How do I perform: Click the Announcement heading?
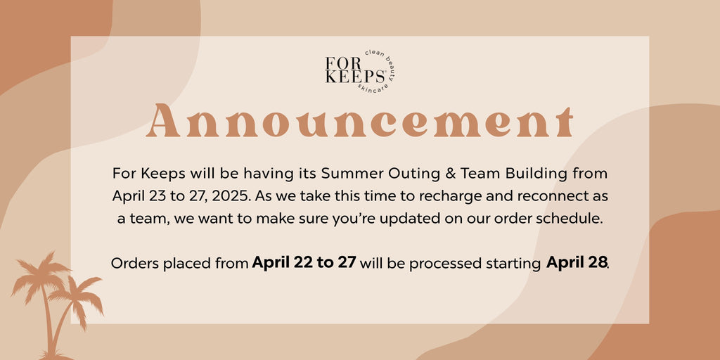point(359,120)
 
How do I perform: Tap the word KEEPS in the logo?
point(355,77)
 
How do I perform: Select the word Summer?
point(349,174)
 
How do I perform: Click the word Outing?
point(406,175)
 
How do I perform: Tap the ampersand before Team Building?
point(439,174)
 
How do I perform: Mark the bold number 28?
point(599,263)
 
